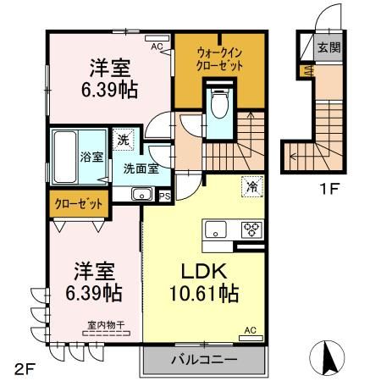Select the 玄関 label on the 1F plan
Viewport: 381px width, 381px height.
[x=329, y=48]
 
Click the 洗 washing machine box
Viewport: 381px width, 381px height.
[x=124, y=140]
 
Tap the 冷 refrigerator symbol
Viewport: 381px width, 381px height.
[x=251, y=186]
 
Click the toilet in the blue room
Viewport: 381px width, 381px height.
[x=219, y=105]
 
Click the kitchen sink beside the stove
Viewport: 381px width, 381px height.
[x=214, y=228]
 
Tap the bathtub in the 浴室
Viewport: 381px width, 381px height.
[x=63, y=157]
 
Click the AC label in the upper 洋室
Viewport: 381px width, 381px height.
[x=156, y=47]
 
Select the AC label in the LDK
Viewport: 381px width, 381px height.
[x=251, y=329]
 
